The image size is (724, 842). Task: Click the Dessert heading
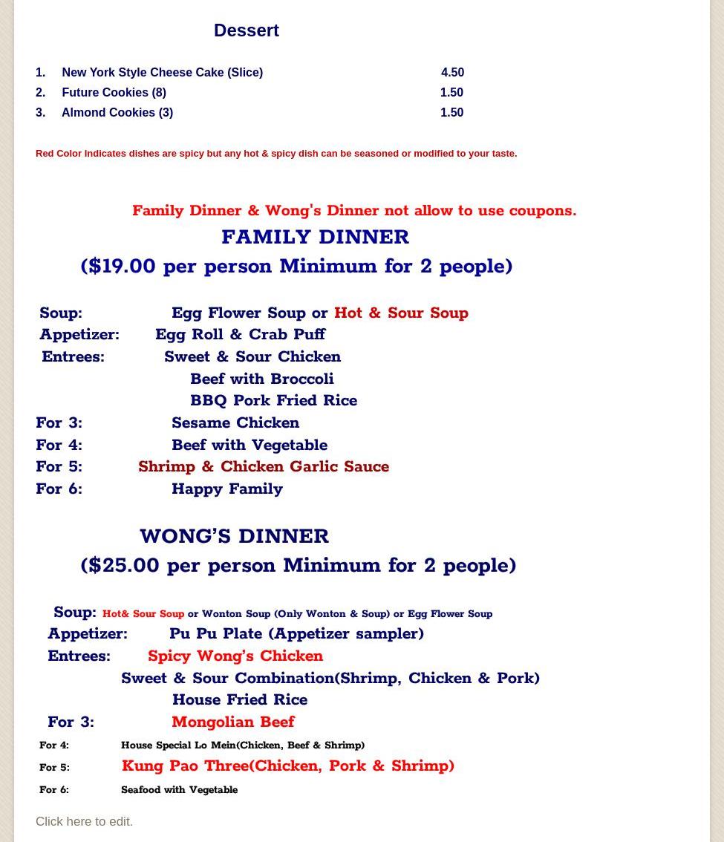point(246,30)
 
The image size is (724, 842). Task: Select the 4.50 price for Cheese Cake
point(452,73)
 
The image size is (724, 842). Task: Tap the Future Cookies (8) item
point(114,93)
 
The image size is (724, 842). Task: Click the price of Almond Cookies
point(451,113)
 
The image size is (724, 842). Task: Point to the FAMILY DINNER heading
point(315,238)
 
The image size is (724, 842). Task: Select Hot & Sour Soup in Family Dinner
point(401,313)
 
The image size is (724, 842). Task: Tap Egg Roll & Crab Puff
point(240,335)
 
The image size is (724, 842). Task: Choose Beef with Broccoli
point(261,379)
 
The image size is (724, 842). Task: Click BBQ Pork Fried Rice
point(273,401)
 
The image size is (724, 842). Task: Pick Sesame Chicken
point(235,423)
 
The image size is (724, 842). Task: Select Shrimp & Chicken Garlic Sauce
point(264,467)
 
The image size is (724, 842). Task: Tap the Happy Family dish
point(227,489)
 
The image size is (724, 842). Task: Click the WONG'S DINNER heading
point(234,537)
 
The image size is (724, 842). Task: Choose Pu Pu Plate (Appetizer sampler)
point(296,634)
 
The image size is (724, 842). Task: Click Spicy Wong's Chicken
point(235,656)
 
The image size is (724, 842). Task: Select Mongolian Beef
point(232,722)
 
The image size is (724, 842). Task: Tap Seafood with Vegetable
point(179,790)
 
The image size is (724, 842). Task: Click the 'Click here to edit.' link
point(84,822)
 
